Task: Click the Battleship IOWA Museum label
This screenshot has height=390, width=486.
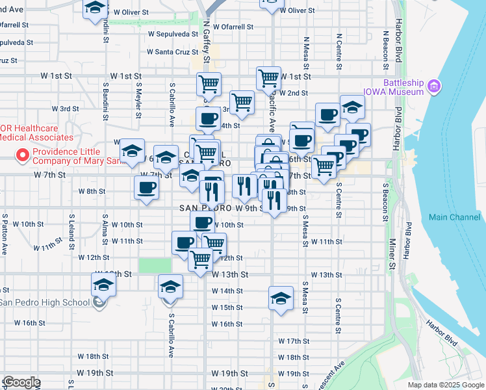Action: tap(403, 87)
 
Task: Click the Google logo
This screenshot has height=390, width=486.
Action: tap(21, 382)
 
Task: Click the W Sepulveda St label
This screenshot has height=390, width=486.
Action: tap(172, 34)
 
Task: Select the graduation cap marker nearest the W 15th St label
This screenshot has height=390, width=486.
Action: tap(281, 299)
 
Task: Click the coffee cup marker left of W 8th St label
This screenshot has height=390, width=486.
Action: tap(146, 188)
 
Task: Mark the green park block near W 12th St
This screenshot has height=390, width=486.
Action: tap(155, 265)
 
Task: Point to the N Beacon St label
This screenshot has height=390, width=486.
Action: tap(386, 49)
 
